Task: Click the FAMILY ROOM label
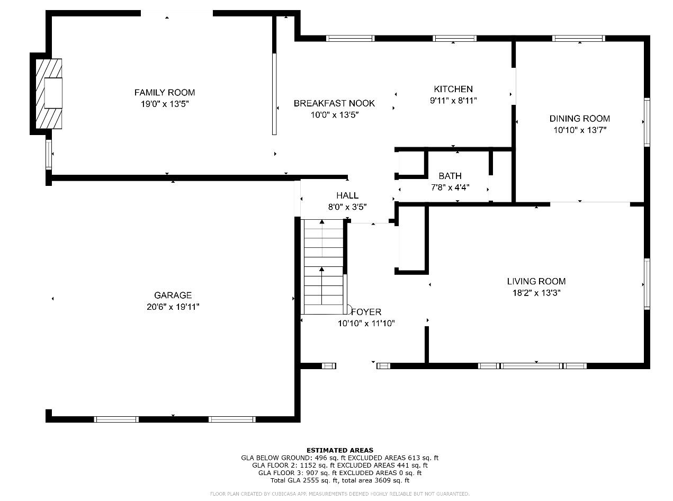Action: point(165,92)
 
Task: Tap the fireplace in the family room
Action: point(49,94)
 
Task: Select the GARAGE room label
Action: point(173,295)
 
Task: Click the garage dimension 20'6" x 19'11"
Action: point(173,307)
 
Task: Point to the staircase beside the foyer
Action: point(324,267)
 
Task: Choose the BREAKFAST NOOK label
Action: point(334,103)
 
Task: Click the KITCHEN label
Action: point(453,89)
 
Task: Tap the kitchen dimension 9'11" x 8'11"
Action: point(453,101)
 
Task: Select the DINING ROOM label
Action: point(579,118)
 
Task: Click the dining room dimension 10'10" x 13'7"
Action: point(580,130)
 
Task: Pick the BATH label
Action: point(450,176)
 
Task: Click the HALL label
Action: point(347,195)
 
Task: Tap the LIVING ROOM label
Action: point(536,281)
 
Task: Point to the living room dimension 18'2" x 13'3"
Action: point(536,293)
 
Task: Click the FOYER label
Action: point(366,311)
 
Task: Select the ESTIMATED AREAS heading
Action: point(339,450)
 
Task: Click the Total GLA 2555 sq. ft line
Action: point(339,480)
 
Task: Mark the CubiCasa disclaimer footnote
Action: point(339,494)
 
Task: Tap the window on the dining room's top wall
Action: point(578,39)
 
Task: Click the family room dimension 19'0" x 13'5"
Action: point(165,104)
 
